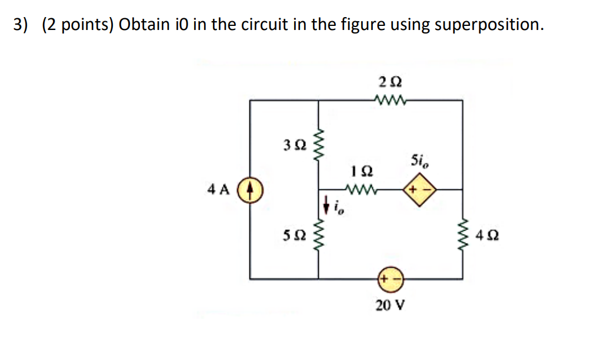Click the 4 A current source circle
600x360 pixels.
pos(250,191)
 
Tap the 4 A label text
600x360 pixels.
pos(218,190)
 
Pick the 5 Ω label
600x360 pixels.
pos(294,235)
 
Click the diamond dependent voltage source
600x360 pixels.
pos(418,190)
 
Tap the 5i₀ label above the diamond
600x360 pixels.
pos(420,161)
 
